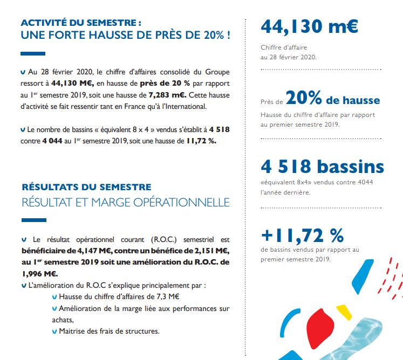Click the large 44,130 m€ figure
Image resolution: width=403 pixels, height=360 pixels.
pos(309,26)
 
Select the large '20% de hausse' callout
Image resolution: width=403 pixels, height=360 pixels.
pos(332,99)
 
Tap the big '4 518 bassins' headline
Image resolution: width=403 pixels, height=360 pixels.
pos(322,167)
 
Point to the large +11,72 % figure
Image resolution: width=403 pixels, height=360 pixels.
pos(302,235)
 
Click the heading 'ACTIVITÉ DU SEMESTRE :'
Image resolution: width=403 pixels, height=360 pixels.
pos(81,23)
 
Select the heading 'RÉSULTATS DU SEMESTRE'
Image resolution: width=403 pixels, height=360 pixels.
pos(86,187)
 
